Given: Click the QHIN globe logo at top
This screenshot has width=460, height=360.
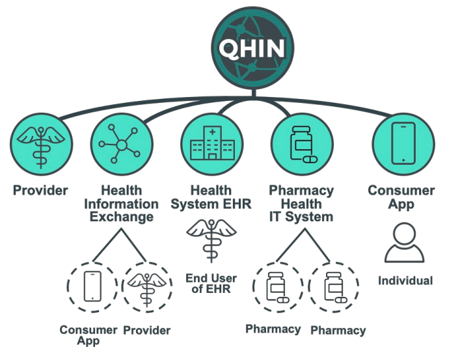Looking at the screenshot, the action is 252,48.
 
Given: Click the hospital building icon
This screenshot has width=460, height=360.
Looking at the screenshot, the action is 212,143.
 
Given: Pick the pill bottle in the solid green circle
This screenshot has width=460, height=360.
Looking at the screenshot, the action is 303,145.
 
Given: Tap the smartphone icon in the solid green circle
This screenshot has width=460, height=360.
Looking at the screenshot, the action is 403,143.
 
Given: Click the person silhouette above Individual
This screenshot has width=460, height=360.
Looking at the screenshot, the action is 404,243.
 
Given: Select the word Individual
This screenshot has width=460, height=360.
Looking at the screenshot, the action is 405,281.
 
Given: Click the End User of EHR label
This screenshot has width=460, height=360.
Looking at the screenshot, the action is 211,284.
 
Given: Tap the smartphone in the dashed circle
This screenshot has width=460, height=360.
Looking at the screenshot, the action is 92,286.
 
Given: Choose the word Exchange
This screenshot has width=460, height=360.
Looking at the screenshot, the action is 122,217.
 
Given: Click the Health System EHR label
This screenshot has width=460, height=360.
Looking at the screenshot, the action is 211,197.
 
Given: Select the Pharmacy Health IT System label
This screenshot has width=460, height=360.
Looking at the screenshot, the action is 301,204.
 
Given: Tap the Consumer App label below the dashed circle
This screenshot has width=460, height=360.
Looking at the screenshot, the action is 88,335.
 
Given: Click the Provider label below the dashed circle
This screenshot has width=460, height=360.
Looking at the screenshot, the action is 146,330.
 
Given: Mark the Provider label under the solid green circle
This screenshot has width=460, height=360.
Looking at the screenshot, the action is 40,190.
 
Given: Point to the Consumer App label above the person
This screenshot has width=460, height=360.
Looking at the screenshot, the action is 401,197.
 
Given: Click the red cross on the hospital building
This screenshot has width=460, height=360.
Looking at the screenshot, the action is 212,132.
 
